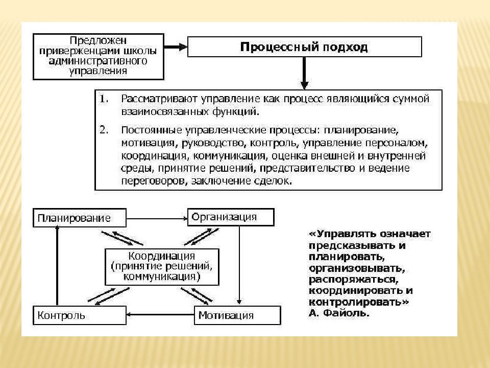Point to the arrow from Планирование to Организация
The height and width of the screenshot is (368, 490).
coord(157,218)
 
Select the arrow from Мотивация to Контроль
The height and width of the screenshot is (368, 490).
coord(160,314)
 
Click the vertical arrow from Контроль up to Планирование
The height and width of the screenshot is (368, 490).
coord(57,266)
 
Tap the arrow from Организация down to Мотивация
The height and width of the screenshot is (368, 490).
coord(239,265)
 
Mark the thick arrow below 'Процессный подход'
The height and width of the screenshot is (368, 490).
coord(304,74)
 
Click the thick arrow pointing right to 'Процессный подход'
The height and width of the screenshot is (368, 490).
coord(176,47)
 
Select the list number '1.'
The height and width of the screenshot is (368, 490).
coord(104,99)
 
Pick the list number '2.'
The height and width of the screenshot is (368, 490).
coord(104,129)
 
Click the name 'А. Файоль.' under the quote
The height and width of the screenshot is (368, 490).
coord(339,313)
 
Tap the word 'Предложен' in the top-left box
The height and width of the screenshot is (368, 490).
coord(98,40)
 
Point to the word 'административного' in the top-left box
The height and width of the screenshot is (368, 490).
coord(98,60)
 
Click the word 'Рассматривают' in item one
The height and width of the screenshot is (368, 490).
coord(159,99)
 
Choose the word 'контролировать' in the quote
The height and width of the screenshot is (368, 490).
coord(357,302)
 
